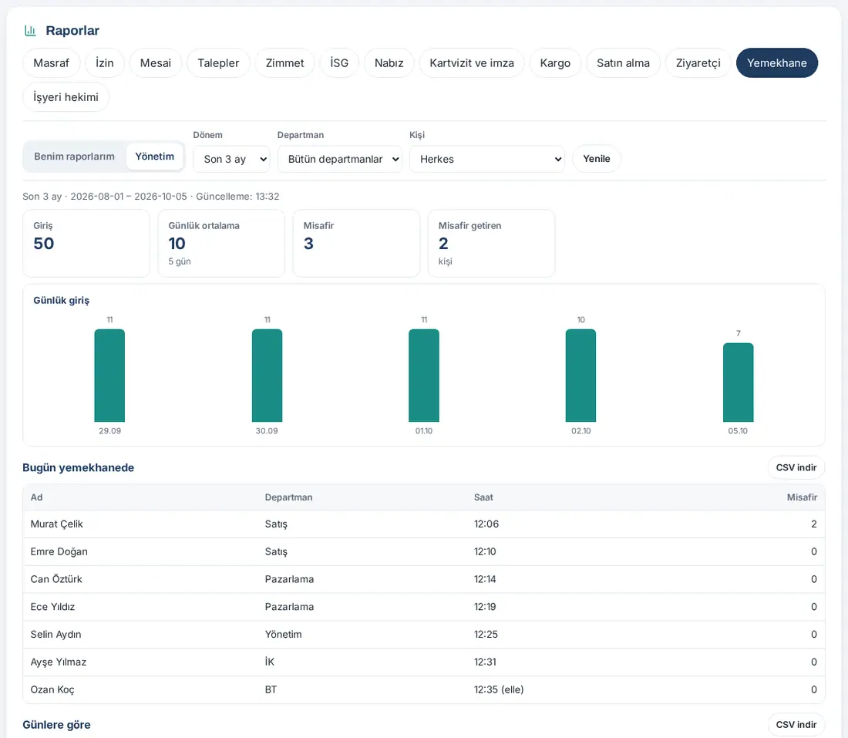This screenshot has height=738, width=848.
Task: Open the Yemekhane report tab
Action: (776, 62)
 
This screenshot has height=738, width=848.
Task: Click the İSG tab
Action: (339, 62)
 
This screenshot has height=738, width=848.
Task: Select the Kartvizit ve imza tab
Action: (472, 62)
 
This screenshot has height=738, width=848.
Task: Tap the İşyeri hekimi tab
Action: (66, 97)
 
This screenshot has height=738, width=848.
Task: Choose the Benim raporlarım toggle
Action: (74, 157)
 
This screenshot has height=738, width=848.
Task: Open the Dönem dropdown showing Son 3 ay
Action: (231, 159)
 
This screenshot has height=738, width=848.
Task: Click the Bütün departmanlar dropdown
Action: (340, 159)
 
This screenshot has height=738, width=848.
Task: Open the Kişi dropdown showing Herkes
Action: (486, 159)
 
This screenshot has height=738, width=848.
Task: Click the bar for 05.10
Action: (739, 382)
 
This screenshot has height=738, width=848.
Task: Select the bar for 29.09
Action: (109, 376)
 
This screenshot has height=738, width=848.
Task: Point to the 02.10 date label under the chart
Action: (580, 430)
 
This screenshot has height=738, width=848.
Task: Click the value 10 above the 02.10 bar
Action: (580, 320)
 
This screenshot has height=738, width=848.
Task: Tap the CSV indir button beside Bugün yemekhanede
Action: (796, 467)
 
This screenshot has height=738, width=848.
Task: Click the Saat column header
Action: (483, 497)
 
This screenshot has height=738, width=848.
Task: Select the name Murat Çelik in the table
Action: (57, 524)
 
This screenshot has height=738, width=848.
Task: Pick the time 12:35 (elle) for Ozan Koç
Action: (499, 689)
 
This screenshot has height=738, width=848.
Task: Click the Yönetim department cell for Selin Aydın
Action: (284, 634)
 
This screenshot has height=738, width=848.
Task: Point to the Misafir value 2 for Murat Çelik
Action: (814, 524)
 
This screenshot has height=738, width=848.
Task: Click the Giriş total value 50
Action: (44, 244)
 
